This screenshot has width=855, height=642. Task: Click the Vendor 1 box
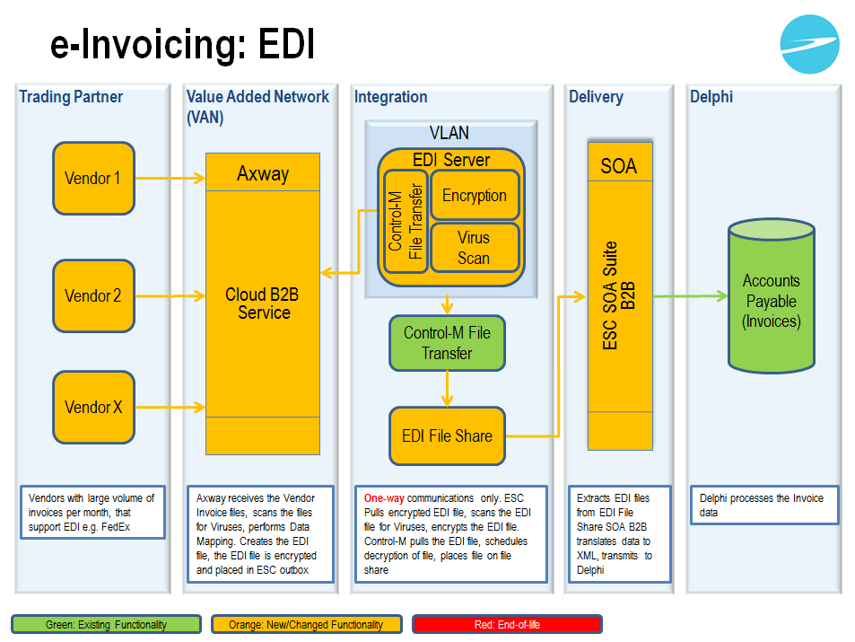pos(93,178)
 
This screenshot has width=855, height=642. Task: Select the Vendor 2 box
pos(93,295)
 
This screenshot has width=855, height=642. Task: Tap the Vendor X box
pos(93,407)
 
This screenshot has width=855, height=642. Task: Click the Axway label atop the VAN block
pos(263,173)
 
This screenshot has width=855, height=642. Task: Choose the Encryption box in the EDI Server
pos(475,196)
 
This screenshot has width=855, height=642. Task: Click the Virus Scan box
pos(475,248)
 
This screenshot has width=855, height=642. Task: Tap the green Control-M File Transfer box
pos(447,342)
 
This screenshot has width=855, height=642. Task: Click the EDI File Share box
pos(447,435)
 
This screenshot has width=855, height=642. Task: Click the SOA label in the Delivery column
pos(619,165)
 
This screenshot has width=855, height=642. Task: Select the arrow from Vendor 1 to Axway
pos(170,178)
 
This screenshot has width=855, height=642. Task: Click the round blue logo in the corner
pos(809,44)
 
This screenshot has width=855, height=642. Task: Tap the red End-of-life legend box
pos(507,624)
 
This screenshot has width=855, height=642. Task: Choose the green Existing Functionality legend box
pos(107,624)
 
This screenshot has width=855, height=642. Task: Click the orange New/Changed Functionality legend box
pos(307,624)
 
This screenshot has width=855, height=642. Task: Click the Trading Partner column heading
pos(71,97)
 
